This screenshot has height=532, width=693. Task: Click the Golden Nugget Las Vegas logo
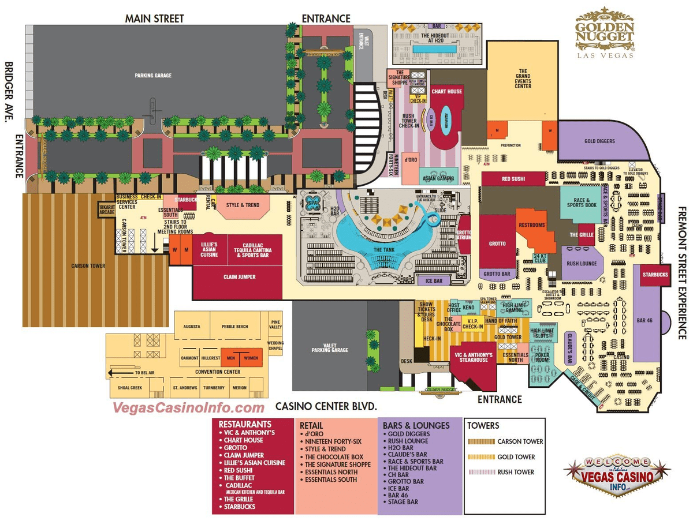coord(605,33)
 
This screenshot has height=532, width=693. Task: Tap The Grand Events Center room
coord(523,78)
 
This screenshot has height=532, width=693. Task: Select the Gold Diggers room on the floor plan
coord(599,141)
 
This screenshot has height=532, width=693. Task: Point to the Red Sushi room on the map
coord(513,179)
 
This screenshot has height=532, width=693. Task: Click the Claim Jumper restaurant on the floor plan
coord(240,277)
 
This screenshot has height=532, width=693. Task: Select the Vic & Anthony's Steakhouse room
coord(474,357)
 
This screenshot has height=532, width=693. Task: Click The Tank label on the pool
coord(384,250)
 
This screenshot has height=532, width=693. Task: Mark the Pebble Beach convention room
coord(234,327)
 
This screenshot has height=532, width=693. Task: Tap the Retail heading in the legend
coord(311,425)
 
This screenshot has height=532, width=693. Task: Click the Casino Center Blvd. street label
coord(326,406)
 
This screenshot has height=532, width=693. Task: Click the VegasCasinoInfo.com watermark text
coord(188,407)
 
